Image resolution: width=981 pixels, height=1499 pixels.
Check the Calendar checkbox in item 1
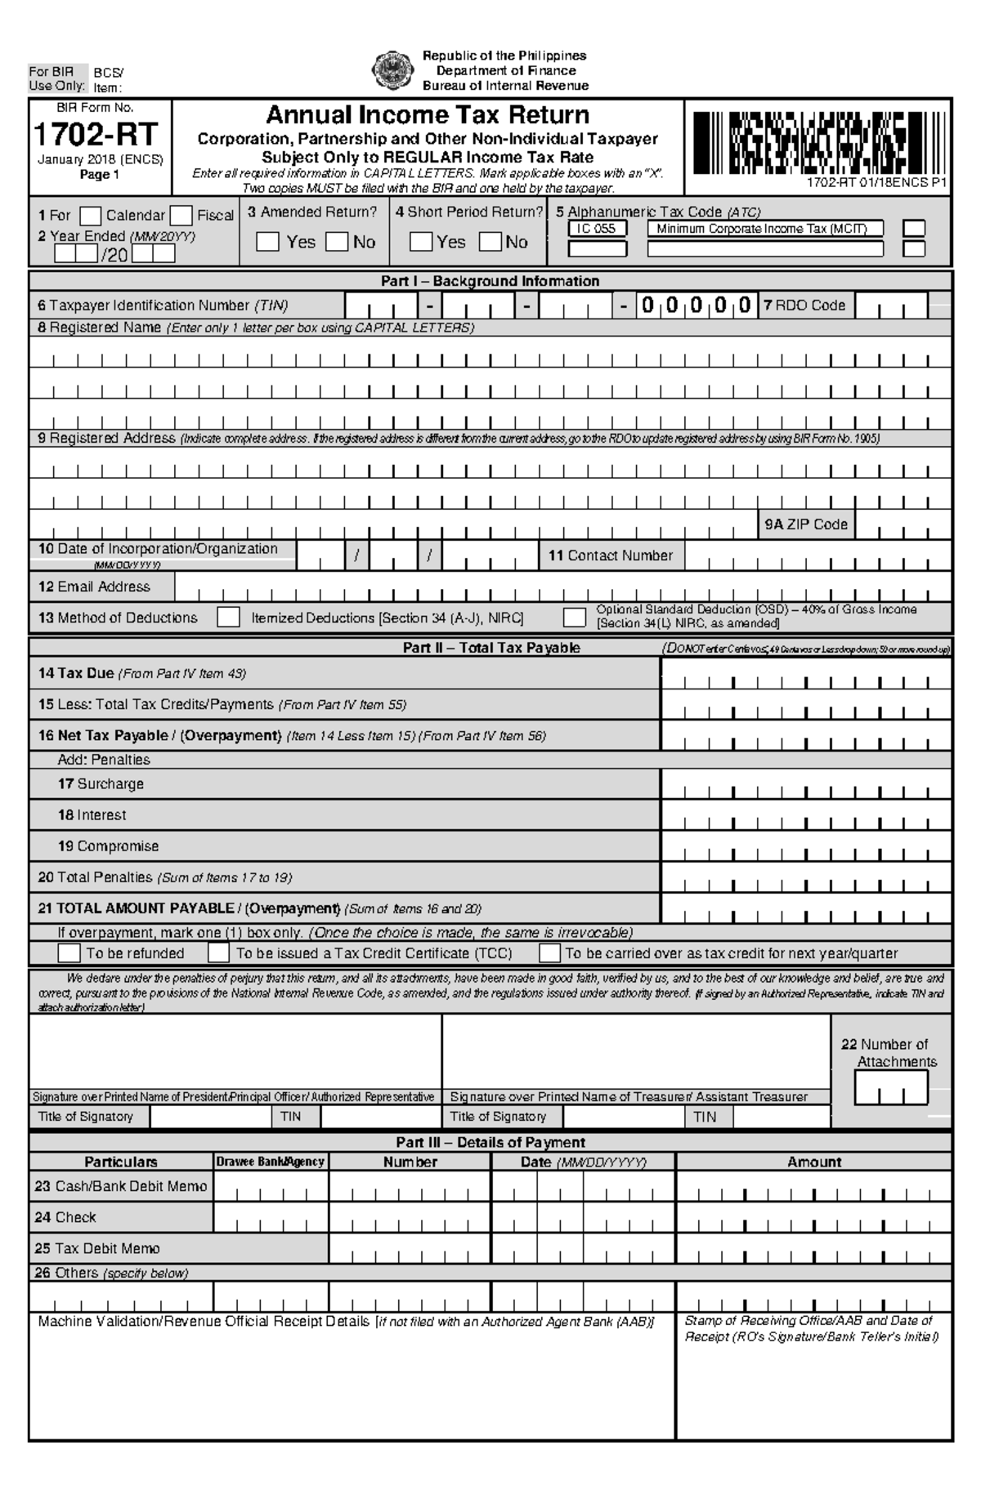(x=91, y=216)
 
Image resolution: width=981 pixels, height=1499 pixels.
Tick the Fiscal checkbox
(x=181, y=216)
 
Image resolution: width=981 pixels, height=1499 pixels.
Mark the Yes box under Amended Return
(x=267, y=243)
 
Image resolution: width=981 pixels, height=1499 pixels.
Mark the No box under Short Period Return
(x=490, y=243)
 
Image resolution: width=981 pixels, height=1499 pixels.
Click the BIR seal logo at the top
(x=387, y=70)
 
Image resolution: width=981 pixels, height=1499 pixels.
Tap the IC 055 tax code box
(x=597, y=230)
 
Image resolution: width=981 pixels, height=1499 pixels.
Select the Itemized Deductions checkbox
(x=228, y=618)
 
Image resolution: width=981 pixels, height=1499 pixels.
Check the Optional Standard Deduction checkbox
(x=575, y=618)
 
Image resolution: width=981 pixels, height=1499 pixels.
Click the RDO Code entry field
(x=891, y=306)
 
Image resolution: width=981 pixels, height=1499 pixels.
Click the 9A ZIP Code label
(x=806, y=524)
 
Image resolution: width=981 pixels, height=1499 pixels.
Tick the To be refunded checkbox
(x=69, y=953)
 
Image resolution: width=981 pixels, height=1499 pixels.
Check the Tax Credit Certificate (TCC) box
(x=218, y=953)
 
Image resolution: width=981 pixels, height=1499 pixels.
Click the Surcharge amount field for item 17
(x=806, y=785)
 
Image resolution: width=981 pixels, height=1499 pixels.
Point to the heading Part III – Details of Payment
(x=490, y=1142)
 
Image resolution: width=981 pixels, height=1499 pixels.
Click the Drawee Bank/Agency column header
(x=271, y=1162)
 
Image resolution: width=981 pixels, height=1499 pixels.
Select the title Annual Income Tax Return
(x=428, y=114)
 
